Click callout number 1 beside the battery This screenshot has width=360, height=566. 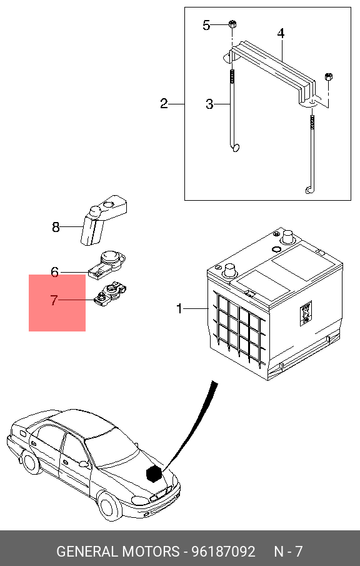179,309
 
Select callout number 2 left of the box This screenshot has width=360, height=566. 164,104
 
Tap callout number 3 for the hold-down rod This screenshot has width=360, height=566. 209,104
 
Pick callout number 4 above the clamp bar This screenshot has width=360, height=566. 281,34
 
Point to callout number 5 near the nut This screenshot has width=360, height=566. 206,25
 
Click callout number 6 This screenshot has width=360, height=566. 54,272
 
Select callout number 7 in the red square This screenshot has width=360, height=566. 54,300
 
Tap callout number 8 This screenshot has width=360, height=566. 56,228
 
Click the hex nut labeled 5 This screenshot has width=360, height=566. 232,24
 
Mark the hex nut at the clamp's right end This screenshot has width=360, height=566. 329,76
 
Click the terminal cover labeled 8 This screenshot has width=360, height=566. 104,220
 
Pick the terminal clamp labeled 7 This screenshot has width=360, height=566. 110,293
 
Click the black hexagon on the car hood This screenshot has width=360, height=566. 154,473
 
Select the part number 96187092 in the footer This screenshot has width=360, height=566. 223,552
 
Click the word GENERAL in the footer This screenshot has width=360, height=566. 87,552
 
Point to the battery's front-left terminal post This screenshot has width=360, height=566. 230,270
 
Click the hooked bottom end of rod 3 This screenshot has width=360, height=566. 235,147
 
